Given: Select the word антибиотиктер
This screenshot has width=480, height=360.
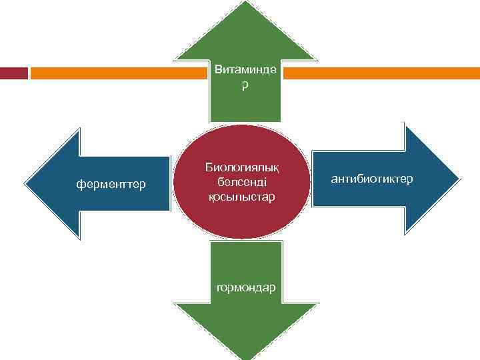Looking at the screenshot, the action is pyautogui.click(x=372, y=179).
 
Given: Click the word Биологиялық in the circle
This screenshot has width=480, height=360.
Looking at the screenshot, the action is pyautogui.click(x=242, y=168).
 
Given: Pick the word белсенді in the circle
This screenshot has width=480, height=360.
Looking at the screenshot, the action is pyautogui.click(x=241, y=183).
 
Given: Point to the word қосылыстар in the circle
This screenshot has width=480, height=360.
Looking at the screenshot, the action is pyautogui.click(x=241, y=197).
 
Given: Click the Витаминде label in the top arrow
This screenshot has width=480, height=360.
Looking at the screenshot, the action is pyautogui.click(x=245, y=69).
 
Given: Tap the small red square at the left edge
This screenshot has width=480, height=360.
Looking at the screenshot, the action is pyautogui.click(x=13, y=72).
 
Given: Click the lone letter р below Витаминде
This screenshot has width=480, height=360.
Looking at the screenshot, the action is pyautogui.click(x=245, y=86).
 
